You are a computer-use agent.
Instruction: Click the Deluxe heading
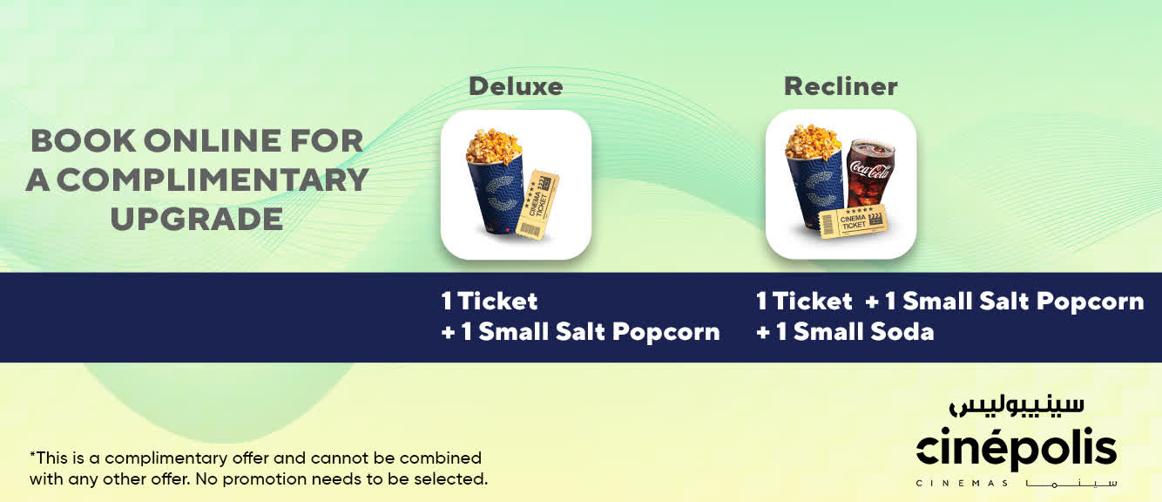tap(516, 86)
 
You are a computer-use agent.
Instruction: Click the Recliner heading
tap(841, 86)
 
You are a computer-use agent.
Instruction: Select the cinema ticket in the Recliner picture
tap(853, 222)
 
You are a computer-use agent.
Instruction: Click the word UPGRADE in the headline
tap(197, 219)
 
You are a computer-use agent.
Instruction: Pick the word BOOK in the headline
tap(83, 140)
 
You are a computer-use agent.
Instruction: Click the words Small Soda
tap(864, 332)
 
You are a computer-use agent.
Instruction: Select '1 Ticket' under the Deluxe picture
tap(490, 301)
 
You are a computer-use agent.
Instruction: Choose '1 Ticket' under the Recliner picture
tap(804, 301)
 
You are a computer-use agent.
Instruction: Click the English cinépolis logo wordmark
tap(1017, 448)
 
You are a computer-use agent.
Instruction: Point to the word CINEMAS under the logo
tap(963, 484)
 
